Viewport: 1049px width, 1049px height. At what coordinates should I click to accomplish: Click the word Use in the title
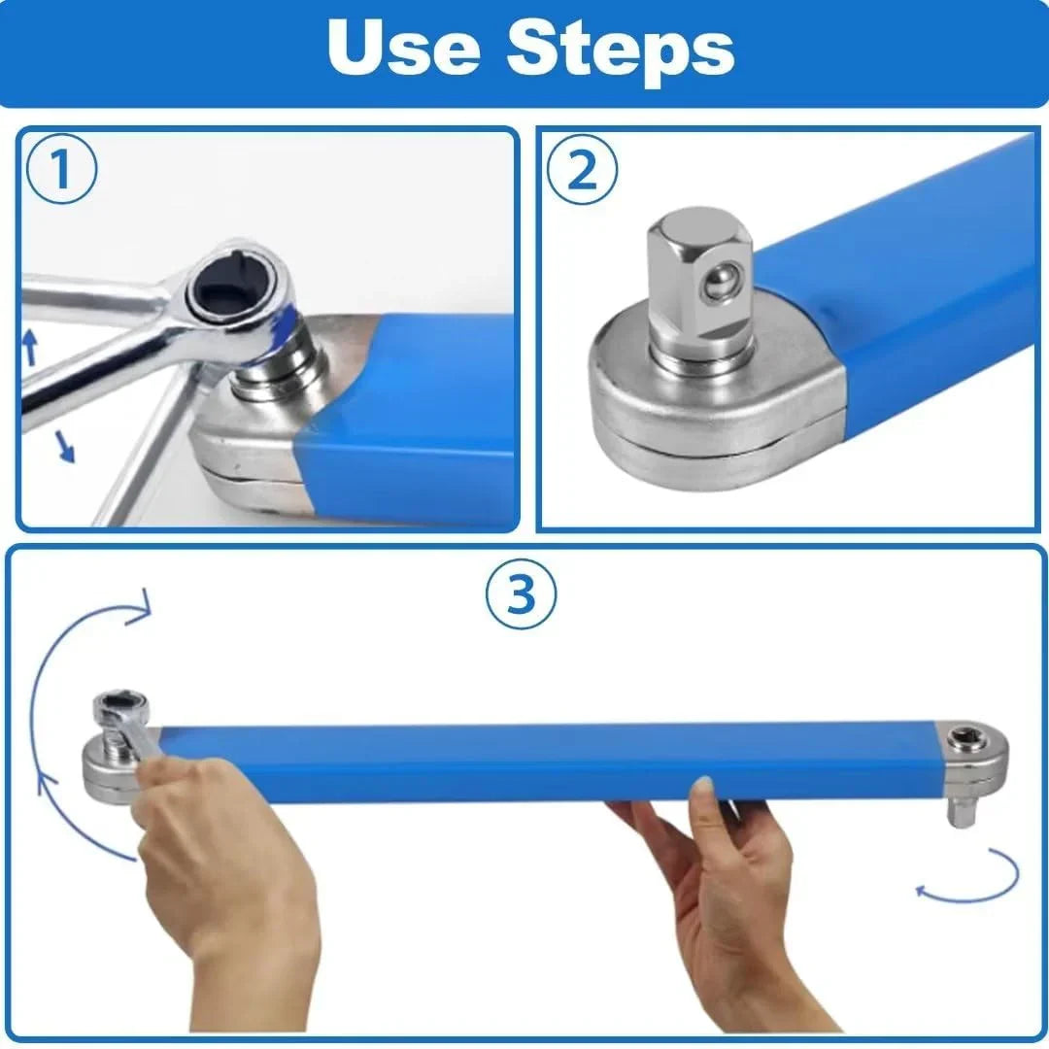click(x=404, y=48)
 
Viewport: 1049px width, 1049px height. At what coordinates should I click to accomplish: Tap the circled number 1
click(x=60, y=171)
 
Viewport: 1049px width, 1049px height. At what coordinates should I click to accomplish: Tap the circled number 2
click(x=582, y=171)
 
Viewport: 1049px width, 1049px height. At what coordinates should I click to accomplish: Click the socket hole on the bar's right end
click(x=967, y=738)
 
